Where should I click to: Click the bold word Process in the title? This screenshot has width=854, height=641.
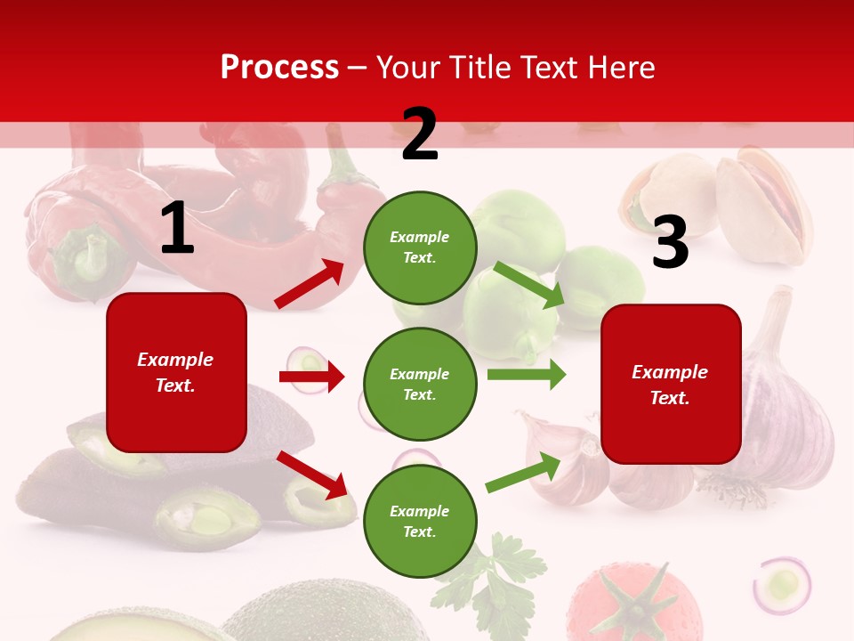[279, 67]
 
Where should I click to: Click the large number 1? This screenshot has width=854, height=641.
[177, 228]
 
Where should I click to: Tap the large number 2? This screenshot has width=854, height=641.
[420, 134]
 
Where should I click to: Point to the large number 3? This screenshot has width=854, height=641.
[670, 243]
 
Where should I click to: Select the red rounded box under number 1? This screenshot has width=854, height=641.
[176, 372]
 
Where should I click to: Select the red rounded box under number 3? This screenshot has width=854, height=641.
[671, 385]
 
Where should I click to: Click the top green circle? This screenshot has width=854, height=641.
[420, 247]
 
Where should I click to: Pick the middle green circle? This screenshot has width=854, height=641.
[420, 385]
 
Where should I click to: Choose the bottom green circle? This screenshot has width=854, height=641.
[420, 522]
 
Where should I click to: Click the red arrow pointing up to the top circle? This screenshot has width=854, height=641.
[310, 284]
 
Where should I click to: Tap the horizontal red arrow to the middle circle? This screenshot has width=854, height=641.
[311, 377]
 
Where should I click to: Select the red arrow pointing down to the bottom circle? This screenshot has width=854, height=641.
[311, 475]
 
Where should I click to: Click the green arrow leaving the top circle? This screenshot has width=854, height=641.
[529, 285]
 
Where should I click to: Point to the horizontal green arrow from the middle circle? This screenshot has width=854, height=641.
[526, 374]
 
